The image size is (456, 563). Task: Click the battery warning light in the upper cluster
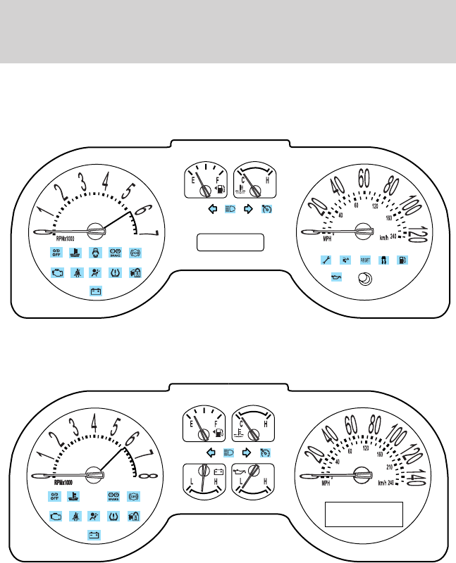coord(95,290)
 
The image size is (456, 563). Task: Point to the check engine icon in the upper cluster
coord(57,272)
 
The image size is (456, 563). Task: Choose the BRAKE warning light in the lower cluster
coord(113,496)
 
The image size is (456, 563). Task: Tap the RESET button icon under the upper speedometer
coord(365,260)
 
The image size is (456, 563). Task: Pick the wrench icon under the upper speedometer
coord(326,260)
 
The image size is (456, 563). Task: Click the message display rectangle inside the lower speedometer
coord(363,514)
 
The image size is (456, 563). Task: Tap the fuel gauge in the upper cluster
coord(204,181)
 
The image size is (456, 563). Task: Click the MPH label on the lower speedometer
coord(326,483)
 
